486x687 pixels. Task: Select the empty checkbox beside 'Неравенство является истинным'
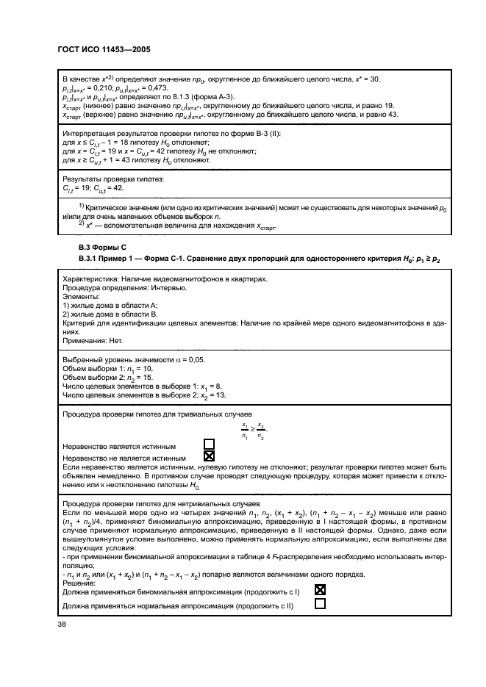(x=209, y=445)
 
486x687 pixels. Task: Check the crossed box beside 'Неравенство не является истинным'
(x=209, y=456)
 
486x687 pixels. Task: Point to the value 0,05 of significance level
(x=194, y=360)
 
